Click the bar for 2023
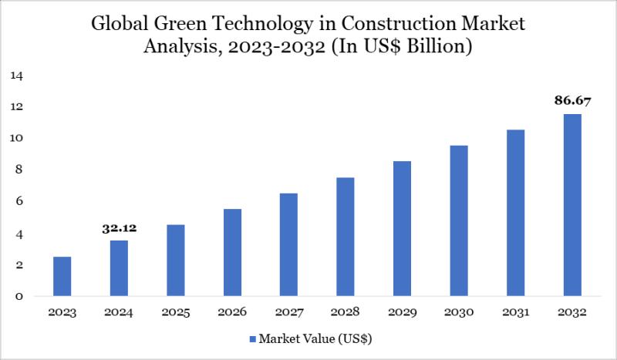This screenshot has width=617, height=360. (62, 277)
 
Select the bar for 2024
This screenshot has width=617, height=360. (119, 268)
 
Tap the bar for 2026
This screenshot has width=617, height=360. (232, 253)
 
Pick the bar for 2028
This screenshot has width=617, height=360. (346, 237)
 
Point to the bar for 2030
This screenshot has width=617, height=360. (459, 221)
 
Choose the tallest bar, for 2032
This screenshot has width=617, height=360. (572, 205)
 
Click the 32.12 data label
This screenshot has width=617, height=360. (119, 229)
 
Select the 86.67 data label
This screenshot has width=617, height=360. (571, 100)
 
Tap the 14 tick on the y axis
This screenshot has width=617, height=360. (17, 76)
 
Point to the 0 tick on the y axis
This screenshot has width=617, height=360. (19, 297)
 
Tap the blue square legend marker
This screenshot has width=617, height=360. (252, 338)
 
